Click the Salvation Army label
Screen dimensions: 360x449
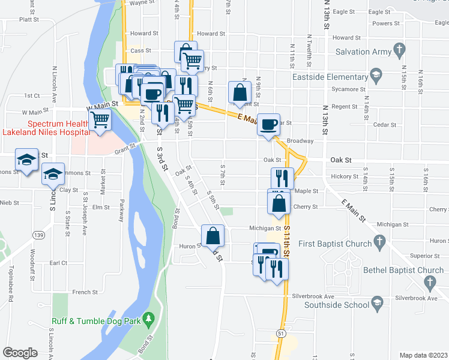[364, 52]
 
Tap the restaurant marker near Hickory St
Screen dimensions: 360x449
[282, 178]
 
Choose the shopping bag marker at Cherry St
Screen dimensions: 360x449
[279, 203]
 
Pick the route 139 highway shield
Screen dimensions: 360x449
[40, 234]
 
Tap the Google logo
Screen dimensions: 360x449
[20, 353]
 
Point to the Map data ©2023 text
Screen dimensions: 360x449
[423, 355]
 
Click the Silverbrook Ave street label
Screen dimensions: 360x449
[313, 296]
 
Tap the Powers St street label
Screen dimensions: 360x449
[386, 23]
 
